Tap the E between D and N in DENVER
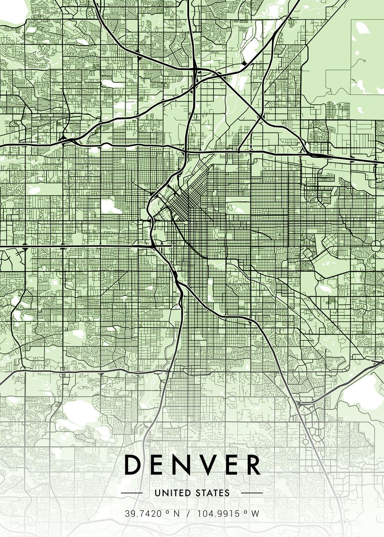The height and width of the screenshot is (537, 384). (x=157, y=465)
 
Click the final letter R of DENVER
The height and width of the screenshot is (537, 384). (x=253, y=465)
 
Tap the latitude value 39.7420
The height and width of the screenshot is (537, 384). (x=142, y=514)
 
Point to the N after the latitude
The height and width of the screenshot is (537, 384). (x=177, y=514)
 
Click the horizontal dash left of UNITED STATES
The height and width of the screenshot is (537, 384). (x=132, y=493)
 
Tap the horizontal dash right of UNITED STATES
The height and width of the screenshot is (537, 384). (x=252, y=493)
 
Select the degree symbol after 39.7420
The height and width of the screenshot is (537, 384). (x=166, y=512)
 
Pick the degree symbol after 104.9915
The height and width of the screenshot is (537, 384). (x=246, y=512)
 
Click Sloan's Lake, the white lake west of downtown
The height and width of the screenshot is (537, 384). (x=112, y=206)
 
